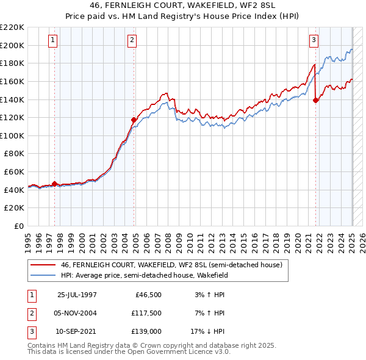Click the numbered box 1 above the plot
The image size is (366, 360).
tap(54, 40)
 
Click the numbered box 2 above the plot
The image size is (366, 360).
tap(132, 40)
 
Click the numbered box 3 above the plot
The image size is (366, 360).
tap(314, 40)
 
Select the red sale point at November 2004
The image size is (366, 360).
tap(134, 120)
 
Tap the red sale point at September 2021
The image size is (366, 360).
tap(315, 101)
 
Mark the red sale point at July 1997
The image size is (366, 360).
tap(55, 184)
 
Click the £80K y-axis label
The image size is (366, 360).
tap(14, 154)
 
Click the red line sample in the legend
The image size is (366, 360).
tap(42, 265)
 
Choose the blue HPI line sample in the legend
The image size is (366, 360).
tap(42, 275)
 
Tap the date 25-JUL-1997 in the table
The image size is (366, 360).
tap(77, 295)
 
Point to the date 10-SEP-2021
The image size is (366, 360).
tap(77, 331)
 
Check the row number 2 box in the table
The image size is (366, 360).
tap(30, 313)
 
